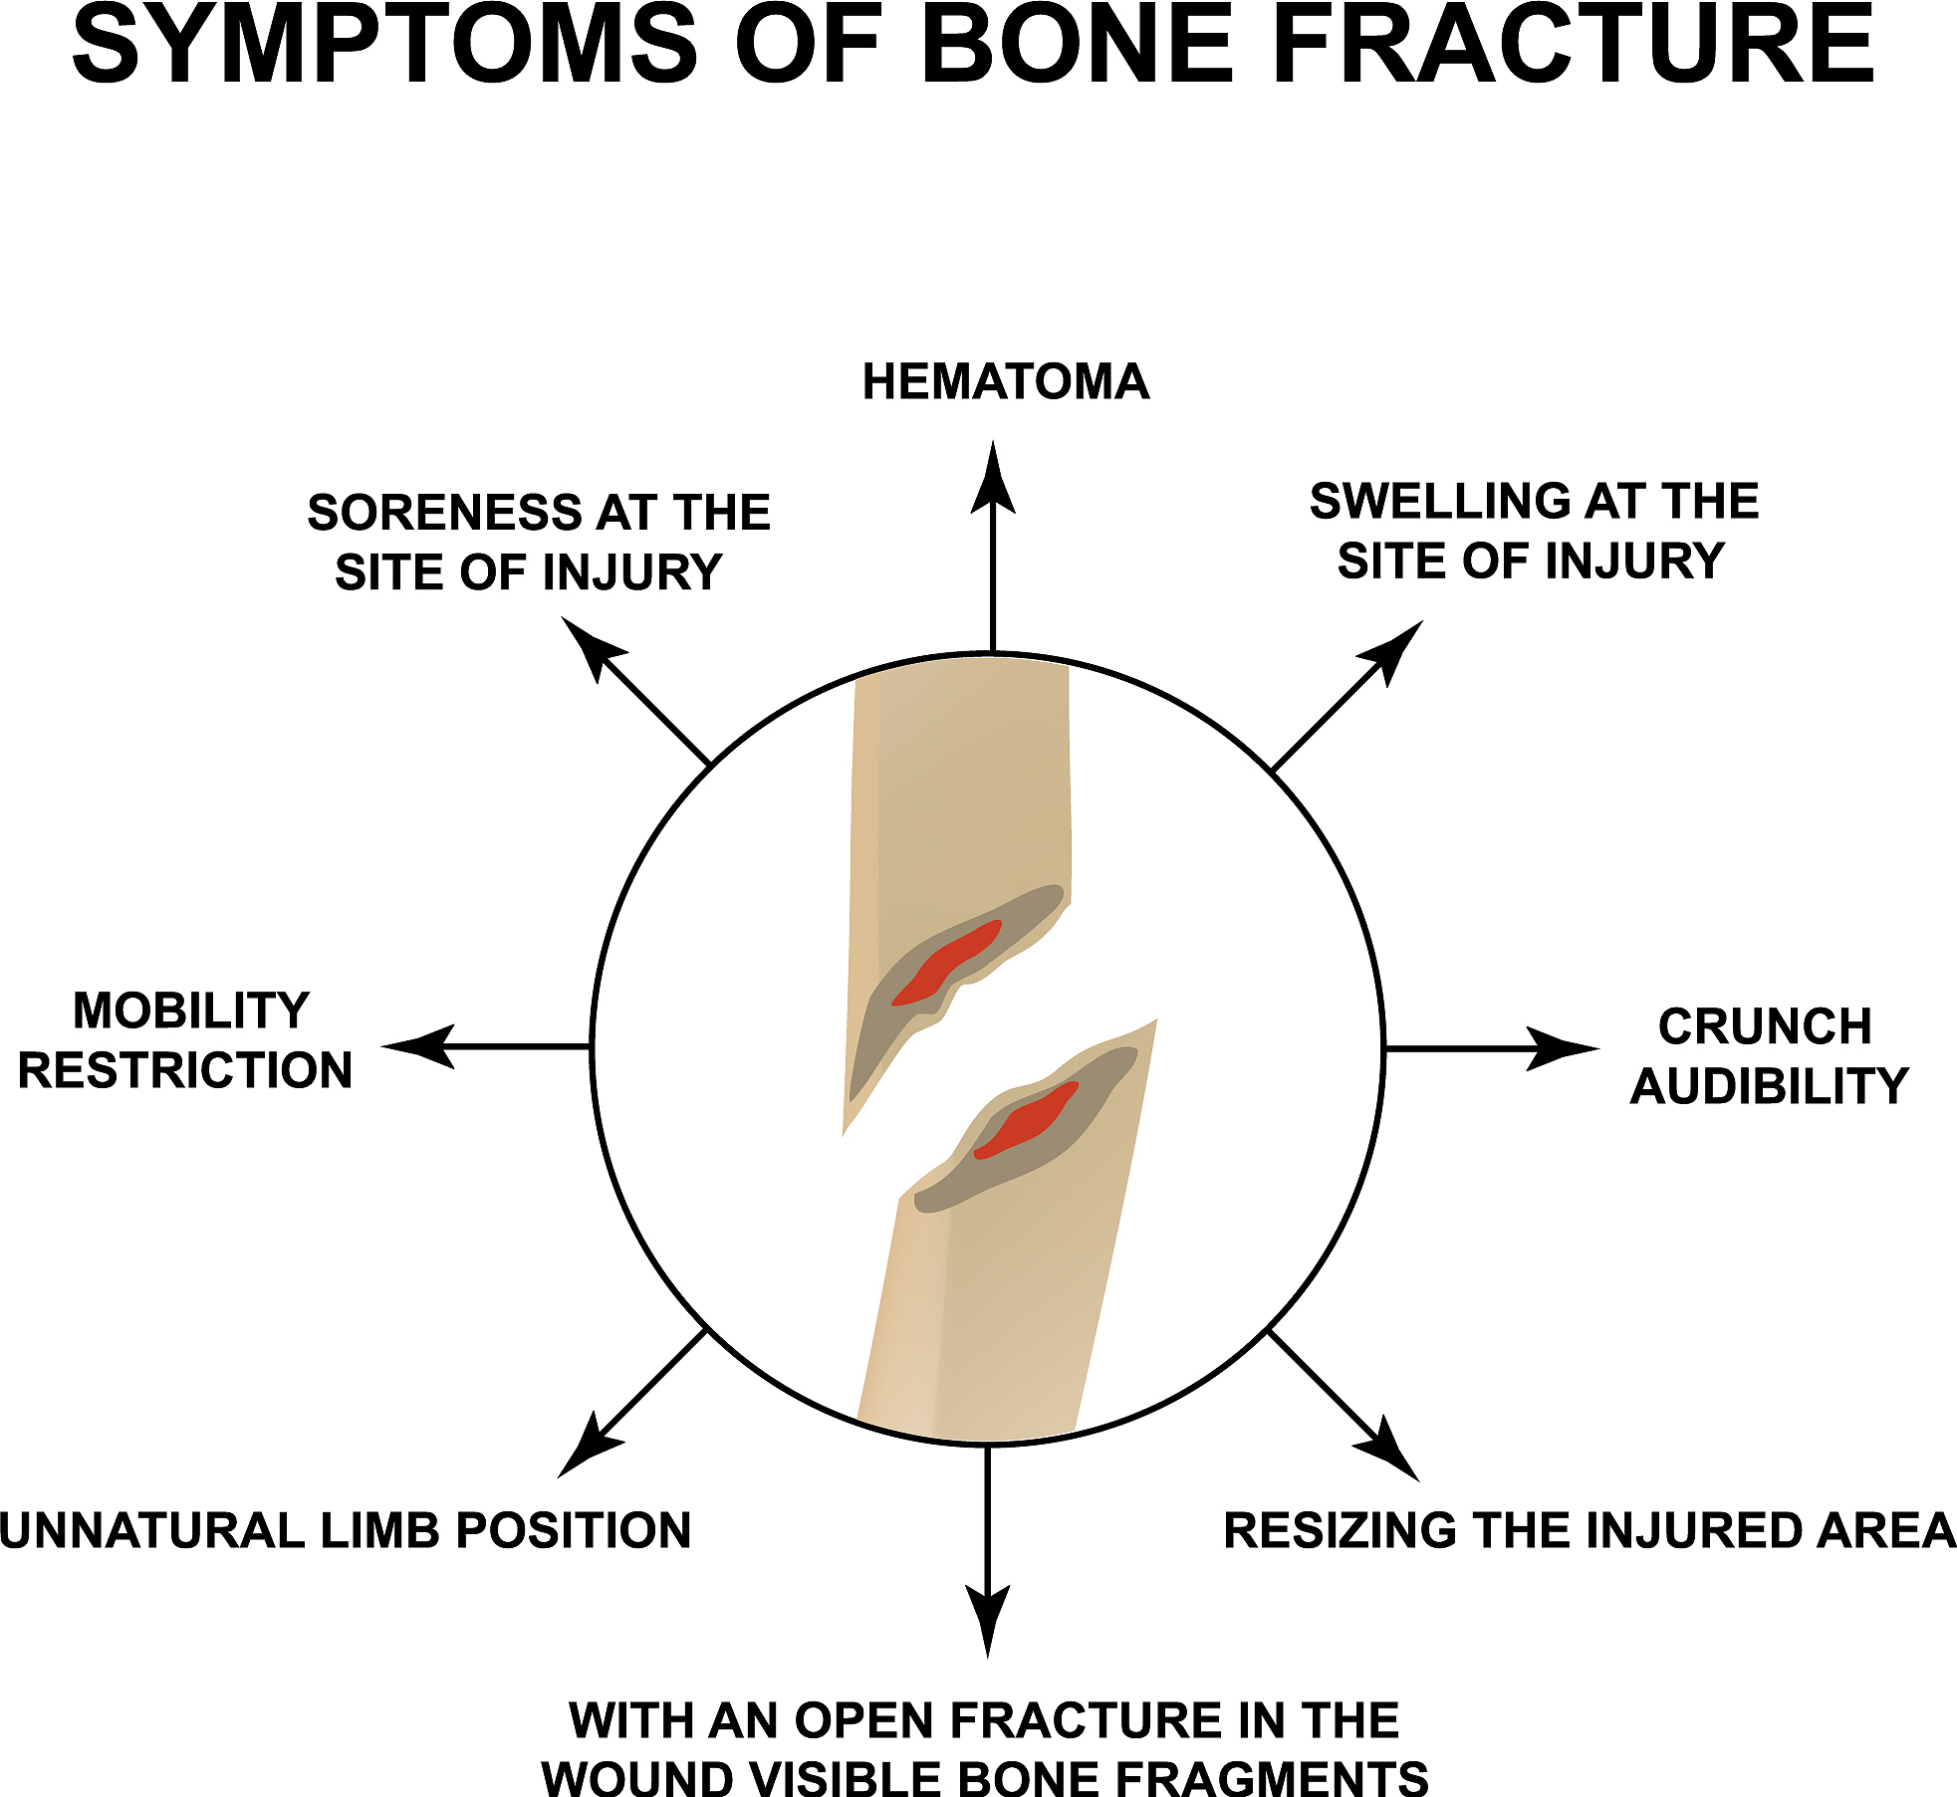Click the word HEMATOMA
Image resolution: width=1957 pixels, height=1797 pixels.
(x=1006, y=382)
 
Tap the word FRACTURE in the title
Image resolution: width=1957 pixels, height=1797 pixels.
(x=1574, y=46)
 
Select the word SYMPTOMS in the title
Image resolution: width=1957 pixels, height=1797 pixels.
(x=383, y=46)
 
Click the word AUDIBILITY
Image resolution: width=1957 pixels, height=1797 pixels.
(x=1770, y=1086)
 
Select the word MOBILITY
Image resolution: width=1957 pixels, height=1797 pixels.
(x=191, y=1011)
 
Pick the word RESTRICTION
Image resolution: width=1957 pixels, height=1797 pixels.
(x=185, y=1071)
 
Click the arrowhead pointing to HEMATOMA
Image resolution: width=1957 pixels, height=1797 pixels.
(x=993, y=483)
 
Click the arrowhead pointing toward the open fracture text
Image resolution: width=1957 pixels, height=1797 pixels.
(x=988, y=1618)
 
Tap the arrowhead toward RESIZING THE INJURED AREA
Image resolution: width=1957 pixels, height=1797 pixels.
(x=1389, y=1453)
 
